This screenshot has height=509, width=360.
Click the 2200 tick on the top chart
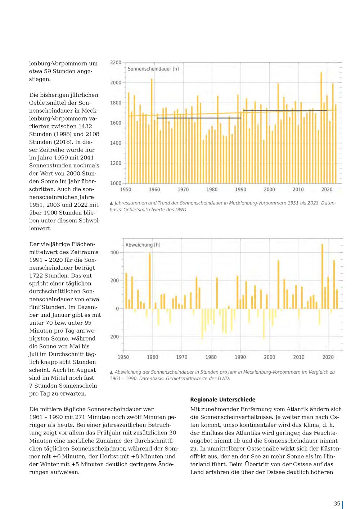116,63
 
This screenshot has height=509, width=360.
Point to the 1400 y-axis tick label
116,143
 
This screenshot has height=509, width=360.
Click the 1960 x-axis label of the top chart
154,189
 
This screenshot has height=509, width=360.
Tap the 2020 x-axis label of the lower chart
328,357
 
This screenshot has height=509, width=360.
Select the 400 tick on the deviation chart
114,252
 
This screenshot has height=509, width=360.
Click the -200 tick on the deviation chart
114,337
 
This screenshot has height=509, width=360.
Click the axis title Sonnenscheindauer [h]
153,69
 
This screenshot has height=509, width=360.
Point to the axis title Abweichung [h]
143,245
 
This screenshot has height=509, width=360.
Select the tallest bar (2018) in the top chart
321,128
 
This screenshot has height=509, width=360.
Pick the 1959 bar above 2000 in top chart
152,131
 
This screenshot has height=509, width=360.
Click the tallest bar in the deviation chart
322,276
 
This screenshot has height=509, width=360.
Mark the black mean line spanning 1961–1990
199,118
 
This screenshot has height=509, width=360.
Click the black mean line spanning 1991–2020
285,111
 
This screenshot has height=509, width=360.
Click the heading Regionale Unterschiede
223,400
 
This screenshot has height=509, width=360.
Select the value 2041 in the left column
87,158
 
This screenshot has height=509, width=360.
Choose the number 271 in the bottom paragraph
80,417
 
